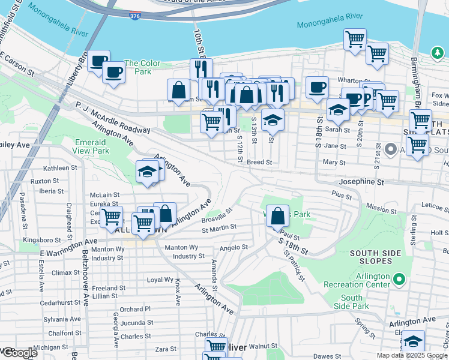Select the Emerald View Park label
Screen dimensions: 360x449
pyautogui.click(x=92, y=146)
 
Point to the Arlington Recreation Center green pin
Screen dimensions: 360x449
pyautogui.click(x=399, y=279)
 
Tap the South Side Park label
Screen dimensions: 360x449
pyautogui.click(x=351, y=302)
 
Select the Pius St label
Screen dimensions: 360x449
pyautogui.click(x=340, y=194)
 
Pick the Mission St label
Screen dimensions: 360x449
pyautogui.click(x=380, y=208)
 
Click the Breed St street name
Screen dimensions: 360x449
pyautogui.click(x=259, y=162)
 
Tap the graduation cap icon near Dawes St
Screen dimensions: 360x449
pyautogui.click(x=413, y=341)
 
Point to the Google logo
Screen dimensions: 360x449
pyautogui.click(x=19, y=353)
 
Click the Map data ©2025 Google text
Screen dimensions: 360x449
pyautogui.click(x=412, y=355)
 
